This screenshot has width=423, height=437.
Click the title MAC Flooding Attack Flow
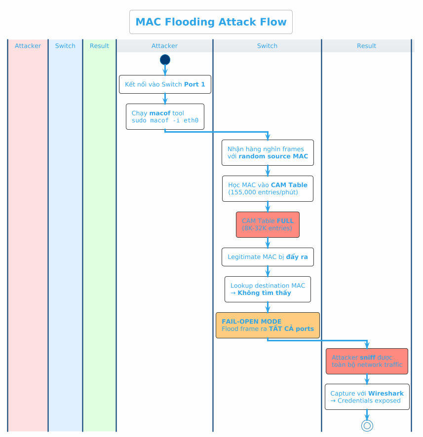(x=211, y=22)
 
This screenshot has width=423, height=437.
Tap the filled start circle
(x=165, y=60)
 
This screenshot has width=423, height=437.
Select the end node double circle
(x=367, y=425)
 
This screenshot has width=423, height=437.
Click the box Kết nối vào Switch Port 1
(x=165, y=84)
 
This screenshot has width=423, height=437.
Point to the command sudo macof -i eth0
(x=165, y=120)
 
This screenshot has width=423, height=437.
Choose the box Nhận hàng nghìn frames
(x=268, y=152)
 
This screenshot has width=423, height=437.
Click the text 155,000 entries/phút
(x=263, y=192)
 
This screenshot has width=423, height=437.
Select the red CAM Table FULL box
(x=268, y=224)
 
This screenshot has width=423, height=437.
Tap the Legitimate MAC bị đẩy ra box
(x=268, y=257)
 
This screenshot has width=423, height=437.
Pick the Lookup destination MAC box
(x=268, y=289)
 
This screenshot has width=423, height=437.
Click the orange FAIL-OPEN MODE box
(x=268, y=325)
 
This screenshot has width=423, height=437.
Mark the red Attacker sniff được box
(x=367, y=361)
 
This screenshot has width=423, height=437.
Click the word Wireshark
(x=385, y=394)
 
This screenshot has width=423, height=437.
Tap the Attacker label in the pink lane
(x=28, y=46)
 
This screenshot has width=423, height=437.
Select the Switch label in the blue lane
(x=65, y=46)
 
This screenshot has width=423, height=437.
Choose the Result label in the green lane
(x=99, y=46)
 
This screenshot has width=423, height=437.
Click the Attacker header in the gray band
(x=164, y=46)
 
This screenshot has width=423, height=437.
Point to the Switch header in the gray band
(x=267, y=46)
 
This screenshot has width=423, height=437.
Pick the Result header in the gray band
(x=366, y=46)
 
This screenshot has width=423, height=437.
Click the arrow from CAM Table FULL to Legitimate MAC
(x=268, y=243)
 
